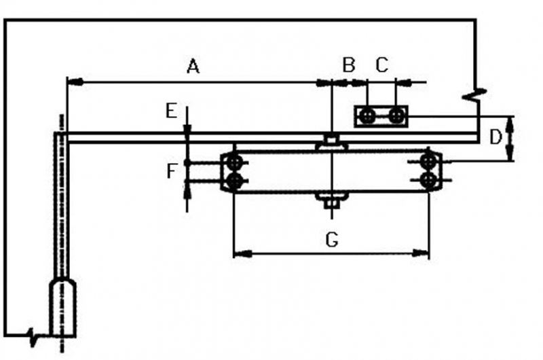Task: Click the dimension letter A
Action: (x=193, y=67)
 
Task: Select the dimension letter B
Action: (x=349, y=65)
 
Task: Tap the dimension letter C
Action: (x=381, y=65)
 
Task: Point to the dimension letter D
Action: (x=495, y=137)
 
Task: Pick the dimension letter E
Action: (x=171, y=111)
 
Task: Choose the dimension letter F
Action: (x=172, y=170)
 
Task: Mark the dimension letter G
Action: (x=331, y=239)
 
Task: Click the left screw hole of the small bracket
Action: (x=367, y=116)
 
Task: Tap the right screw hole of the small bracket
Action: (x=396, y=116)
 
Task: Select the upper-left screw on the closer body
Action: (x=235, y=162)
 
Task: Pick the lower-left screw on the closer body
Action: (x=235, y=181)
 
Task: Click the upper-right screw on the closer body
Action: (x=428, y=162)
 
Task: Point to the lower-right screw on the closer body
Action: (x=428, y=180)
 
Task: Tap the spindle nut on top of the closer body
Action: (x=331, y=142)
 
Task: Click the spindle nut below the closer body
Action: (x=331, y=200)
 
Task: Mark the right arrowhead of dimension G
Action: (x=425, y=254)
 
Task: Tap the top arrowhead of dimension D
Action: (x=511, y=120)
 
